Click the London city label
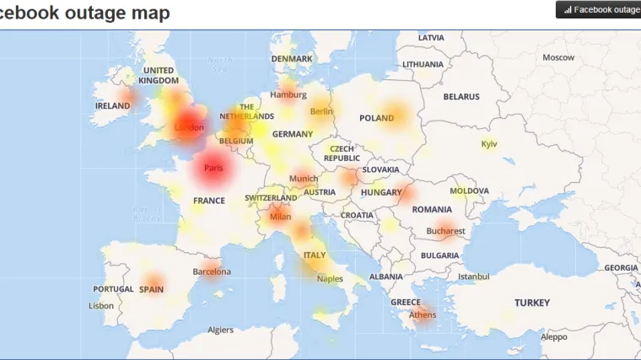pyautogui.click(x=189, y=128)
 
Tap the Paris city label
pyautogui.click(x=213, y=168)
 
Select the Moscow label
pyautogui.click(x=558, y=57)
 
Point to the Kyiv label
pyautogui.click(x=489, y=144)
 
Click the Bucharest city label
pyautogui.click(x=445, y=231)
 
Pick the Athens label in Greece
pyautogui.click(x=423, y=315)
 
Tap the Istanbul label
pyautogui.click(x=472, y=276)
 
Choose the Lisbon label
pyautogui.click(x=100, y=306)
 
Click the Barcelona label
pyautogui.click(x=212, y=271)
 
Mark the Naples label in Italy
pyautogui.click(x=330, y=278)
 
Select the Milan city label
pyautogui.click(x=280, y=217)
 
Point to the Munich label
pyautogui.click(x=304, y=179)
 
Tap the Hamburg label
pyautogui.click(x=288, y=95)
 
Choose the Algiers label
pyautogui.click(x=220, y=330)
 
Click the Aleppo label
pyautogui.click(x=554, y=336)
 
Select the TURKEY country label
pyautogui.click(x=532, y=303)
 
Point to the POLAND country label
pyautogui.click(x=376, y=118)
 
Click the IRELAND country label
pyautogui.click(x=112, y=106)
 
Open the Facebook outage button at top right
pyautogui.click(x=598, y=9)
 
